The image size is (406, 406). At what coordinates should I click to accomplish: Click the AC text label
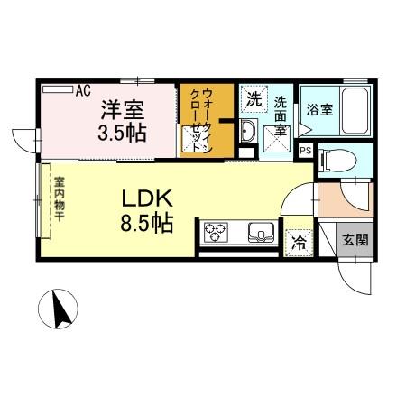point(83,90)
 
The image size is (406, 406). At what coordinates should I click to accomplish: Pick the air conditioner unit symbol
point(57,89)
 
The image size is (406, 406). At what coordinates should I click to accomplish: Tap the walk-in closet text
point(207,119)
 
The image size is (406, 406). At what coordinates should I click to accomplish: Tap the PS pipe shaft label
point(306,150)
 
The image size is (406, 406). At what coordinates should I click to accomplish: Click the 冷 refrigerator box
point(297,241)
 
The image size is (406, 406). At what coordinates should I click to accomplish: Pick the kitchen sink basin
point(261,233)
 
